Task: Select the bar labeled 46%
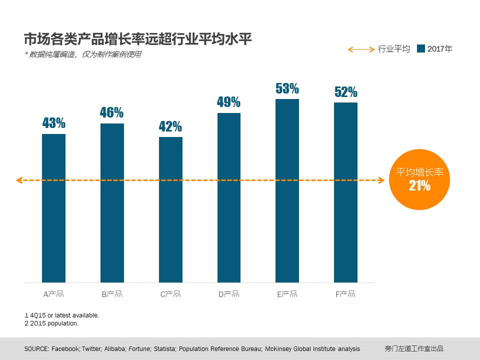click(112, 202)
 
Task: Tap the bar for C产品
click(170, 209)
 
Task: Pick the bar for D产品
click(229, 197)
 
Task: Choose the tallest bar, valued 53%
click(287, 190)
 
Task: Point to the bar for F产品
click(345, 192)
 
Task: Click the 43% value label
click(53, 123)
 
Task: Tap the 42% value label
click(170, 126)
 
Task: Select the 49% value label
click(228, 102)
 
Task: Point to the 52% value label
click(345, 92)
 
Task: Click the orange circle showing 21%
click(419, 179)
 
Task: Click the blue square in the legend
click(420, 49)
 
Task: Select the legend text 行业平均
click(394, 49)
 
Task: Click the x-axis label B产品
click(112, 294)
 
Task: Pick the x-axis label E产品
click(287, 294)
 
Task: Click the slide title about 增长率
click(138, 39)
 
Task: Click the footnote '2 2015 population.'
click(51, 323)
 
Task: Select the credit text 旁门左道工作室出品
click(414, 348)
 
